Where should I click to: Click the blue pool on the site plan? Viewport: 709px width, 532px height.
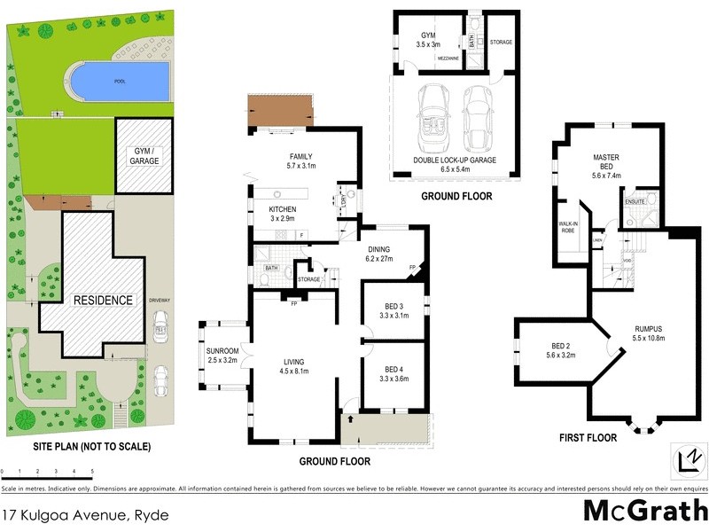point(119,81)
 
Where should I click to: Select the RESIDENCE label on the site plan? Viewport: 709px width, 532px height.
point(103,300)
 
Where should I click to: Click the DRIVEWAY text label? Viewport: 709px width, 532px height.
point(160,301)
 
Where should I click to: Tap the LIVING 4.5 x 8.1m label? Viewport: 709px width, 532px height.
point(293,365)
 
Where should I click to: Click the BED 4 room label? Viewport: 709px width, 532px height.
point(394,373)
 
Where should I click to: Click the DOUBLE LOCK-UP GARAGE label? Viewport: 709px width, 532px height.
point(455,164)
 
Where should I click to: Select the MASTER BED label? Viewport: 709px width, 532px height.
point(606,163)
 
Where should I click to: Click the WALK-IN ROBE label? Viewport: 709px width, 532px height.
point(568,227)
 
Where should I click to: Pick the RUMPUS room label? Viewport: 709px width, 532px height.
point(648,333)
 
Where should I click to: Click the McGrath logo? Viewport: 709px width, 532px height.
point(643,512)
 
